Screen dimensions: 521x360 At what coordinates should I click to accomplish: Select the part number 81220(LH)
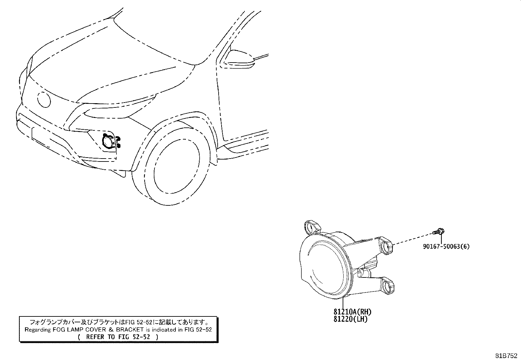(350, 319)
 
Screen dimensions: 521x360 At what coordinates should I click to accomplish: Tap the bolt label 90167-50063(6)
(446, 246)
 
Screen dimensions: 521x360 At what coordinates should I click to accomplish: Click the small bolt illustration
(439, 232)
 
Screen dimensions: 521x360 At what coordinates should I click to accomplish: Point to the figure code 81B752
(506, 355)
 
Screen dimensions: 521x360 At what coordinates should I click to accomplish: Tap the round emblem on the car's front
(44, 100)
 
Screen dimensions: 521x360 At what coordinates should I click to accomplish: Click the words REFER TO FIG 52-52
(118, 337)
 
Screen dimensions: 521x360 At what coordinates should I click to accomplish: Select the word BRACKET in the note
(130, 330)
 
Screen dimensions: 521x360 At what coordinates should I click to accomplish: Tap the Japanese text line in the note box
(119, 322)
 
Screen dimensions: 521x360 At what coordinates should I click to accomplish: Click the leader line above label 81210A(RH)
(343, 302)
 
